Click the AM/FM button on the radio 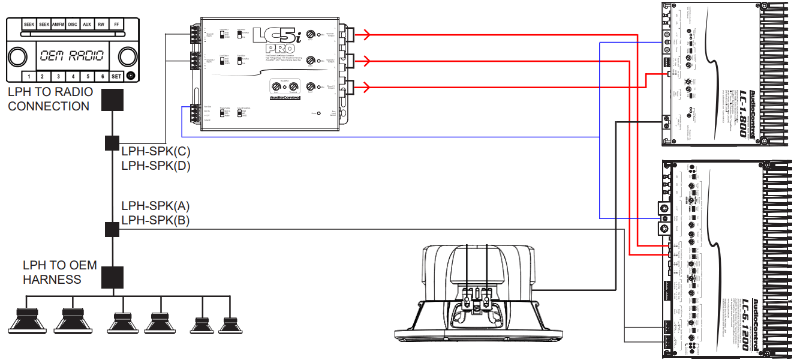pyautogui.click(x=58, y=25)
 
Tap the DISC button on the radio pyautogui.click(x=73, y=25)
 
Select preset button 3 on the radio pyautogui.click(x=58, y=77)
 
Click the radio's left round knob pyautogui.click(x=18, y=56)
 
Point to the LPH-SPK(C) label pyautogui.click(x=155, y=152)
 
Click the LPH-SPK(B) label pyautogui.click(x=155, y=220)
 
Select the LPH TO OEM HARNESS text pyautogui.click(x=59, y=272)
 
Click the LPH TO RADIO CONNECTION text pyautogui.click(x=50, y=99)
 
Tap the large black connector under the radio pyautogui.click(x=112, y=100)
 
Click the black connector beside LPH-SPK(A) pyautogui.click(x=112, y=229)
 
